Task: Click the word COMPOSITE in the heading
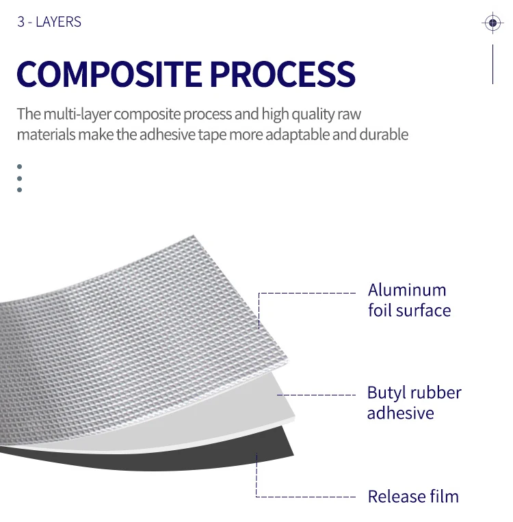(109, 74)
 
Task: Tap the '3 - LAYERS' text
(49, 22)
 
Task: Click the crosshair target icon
(492, 23)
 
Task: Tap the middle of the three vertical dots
(19, 178)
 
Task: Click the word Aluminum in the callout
(407, 290)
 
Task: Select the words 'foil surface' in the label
(409, 311)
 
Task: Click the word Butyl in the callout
(385, 393)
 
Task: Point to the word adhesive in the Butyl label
(400, 413)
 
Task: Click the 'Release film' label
(413, 496)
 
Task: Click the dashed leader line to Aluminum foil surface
(308, 293)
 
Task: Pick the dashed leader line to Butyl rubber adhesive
(318, 395)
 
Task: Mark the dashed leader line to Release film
(308, 496)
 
